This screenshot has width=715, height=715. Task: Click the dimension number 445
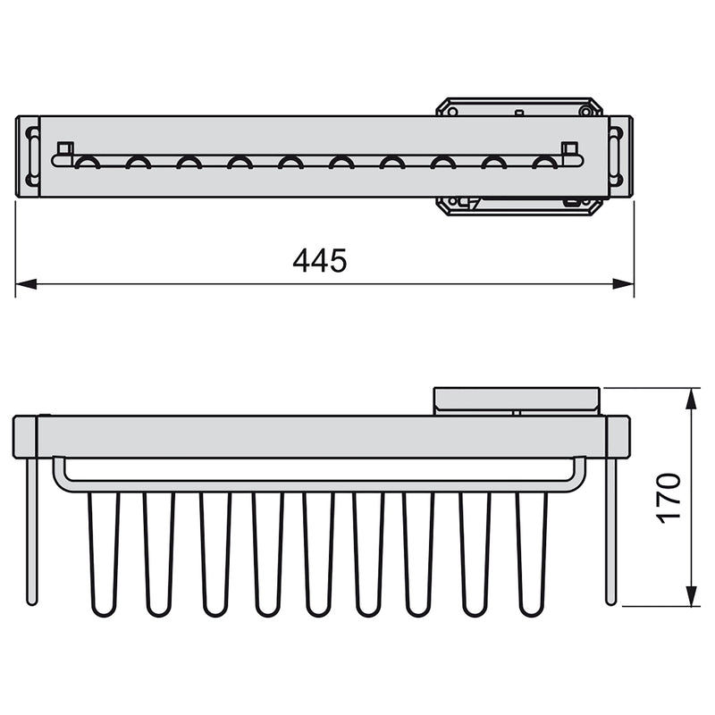tap(319, 260)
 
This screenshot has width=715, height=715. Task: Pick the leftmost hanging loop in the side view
tap(105, 554)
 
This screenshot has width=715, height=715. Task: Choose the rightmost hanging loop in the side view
tap(532, 554)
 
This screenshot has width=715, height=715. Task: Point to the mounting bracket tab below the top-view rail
tap(518, 205)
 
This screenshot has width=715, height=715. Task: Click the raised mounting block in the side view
tap(516, 400)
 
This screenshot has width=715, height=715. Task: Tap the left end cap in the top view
tap(28, 156)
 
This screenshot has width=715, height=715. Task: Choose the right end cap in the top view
tap(620, 156)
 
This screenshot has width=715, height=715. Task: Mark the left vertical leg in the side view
tap(32, 531)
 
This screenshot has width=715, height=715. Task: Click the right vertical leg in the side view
tap(611, 531)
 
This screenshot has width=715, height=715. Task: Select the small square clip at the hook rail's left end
tap(63, 148)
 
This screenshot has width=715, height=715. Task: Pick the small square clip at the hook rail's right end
tap(569, 148)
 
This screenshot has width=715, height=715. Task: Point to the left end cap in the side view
tap(24, 436)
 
